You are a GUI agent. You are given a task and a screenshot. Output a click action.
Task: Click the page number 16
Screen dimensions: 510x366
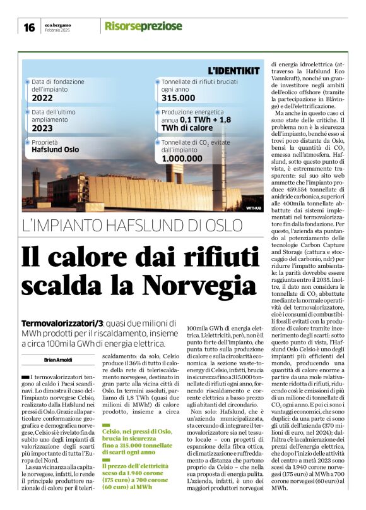click(x=29, y=27)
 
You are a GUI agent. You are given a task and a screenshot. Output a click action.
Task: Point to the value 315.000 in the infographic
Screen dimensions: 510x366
click(x=179, y=98)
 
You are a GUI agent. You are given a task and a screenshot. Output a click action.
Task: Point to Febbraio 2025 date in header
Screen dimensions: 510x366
click(x=57, y=30)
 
